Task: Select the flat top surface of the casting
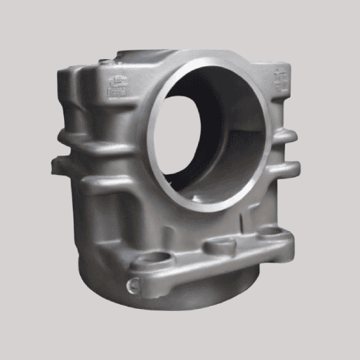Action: tap(144, 56)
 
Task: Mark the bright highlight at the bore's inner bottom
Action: tap(216, 189)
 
